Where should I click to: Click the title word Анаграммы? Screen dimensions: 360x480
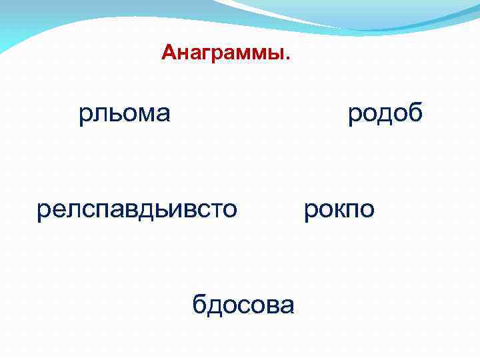225,53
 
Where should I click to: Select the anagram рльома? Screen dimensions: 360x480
125,114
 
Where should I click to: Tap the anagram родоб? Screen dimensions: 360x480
385,113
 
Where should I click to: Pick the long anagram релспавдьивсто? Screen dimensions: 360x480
137,209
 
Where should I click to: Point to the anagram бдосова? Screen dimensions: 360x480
243,305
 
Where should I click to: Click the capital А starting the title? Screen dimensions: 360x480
167,53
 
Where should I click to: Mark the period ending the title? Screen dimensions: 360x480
288,57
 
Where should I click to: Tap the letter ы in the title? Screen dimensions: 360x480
279,53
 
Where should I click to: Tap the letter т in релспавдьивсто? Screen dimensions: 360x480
213,210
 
